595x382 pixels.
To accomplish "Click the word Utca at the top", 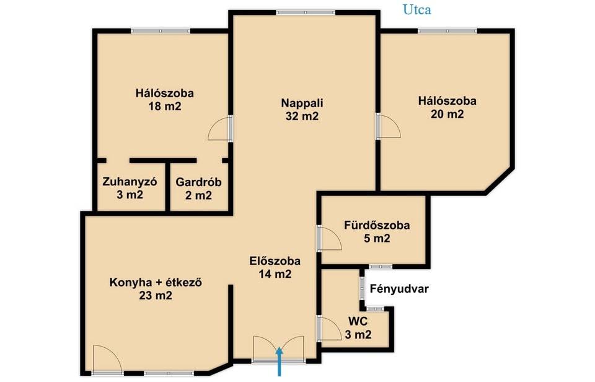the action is [x=416, y=10].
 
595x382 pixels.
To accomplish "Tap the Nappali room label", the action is [x=302, y=103].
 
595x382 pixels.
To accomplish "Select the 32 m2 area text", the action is [x=302, y=116].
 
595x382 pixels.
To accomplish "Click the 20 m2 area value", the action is [x=447, y=114].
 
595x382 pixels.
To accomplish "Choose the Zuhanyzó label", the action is [x=130, y=182].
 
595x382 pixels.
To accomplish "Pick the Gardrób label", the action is [x=198, y=182].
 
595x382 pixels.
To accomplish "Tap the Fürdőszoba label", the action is [x=377, y=225].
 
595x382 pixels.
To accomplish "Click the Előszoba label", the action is [x=275, y=261].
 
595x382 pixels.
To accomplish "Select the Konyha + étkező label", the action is [x=156, y=283].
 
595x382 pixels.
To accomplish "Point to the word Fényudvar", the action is [x=399, y=289].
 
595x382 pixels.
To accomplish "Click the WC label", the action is [x=358, y=322].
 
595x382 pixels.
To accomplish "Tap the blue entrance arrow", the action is [x=280, y=362].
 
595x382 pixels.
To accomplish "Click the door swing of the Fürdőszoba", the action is [x=331, y=239].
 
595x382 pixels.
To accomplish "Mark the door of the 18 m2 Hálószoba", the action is [x=219, y=128].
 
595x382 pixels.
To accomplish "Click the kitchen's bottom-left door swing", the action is [x=107, y=358].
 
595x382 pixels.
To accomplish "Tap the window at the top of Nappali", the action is [x=306, y=12].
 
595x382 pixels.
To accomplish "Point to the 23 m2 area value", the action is [x=156, y=295].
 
